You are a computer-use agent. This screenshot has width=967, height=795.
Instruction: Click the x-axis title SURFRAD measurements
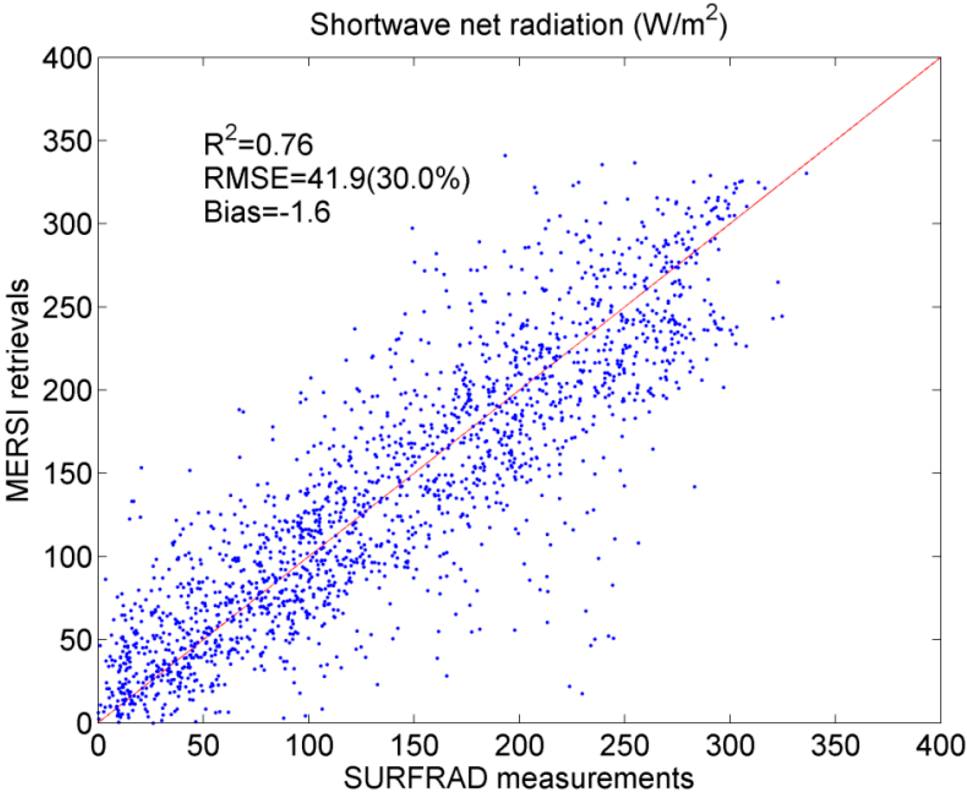[x=518, y=778]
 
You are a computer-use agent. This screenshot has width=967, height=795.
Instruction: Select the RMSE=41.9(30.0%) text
[x=337, y=178]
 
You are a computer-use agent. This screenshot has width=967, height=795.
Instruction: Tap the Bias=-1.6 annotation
[x=267, y=213]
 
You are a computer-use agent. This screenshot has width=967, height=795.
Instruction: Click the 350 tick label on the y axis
[x=68, y=141]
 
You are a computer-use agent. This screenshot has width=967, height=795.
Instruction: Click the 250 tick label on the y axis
[x=68, y=307]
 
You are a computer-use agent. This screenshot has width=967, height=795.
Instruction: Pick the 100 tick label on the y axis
[x=68, y=556]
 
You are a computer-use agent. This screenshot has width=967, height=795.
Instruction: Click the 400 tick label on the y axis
[x=68, y=58]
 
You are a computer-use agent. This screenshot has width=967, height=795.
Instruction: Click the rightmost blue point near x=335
[x=806, y=174]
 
